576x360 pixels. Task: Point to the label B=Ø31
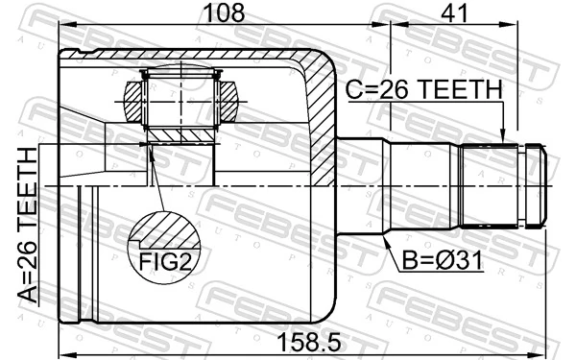[x=438, y=259]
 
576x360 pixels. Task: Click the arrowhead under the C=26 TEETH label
[x=503, y=137]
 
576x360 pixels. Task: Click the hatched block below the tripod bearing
[x=180, y=133]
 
